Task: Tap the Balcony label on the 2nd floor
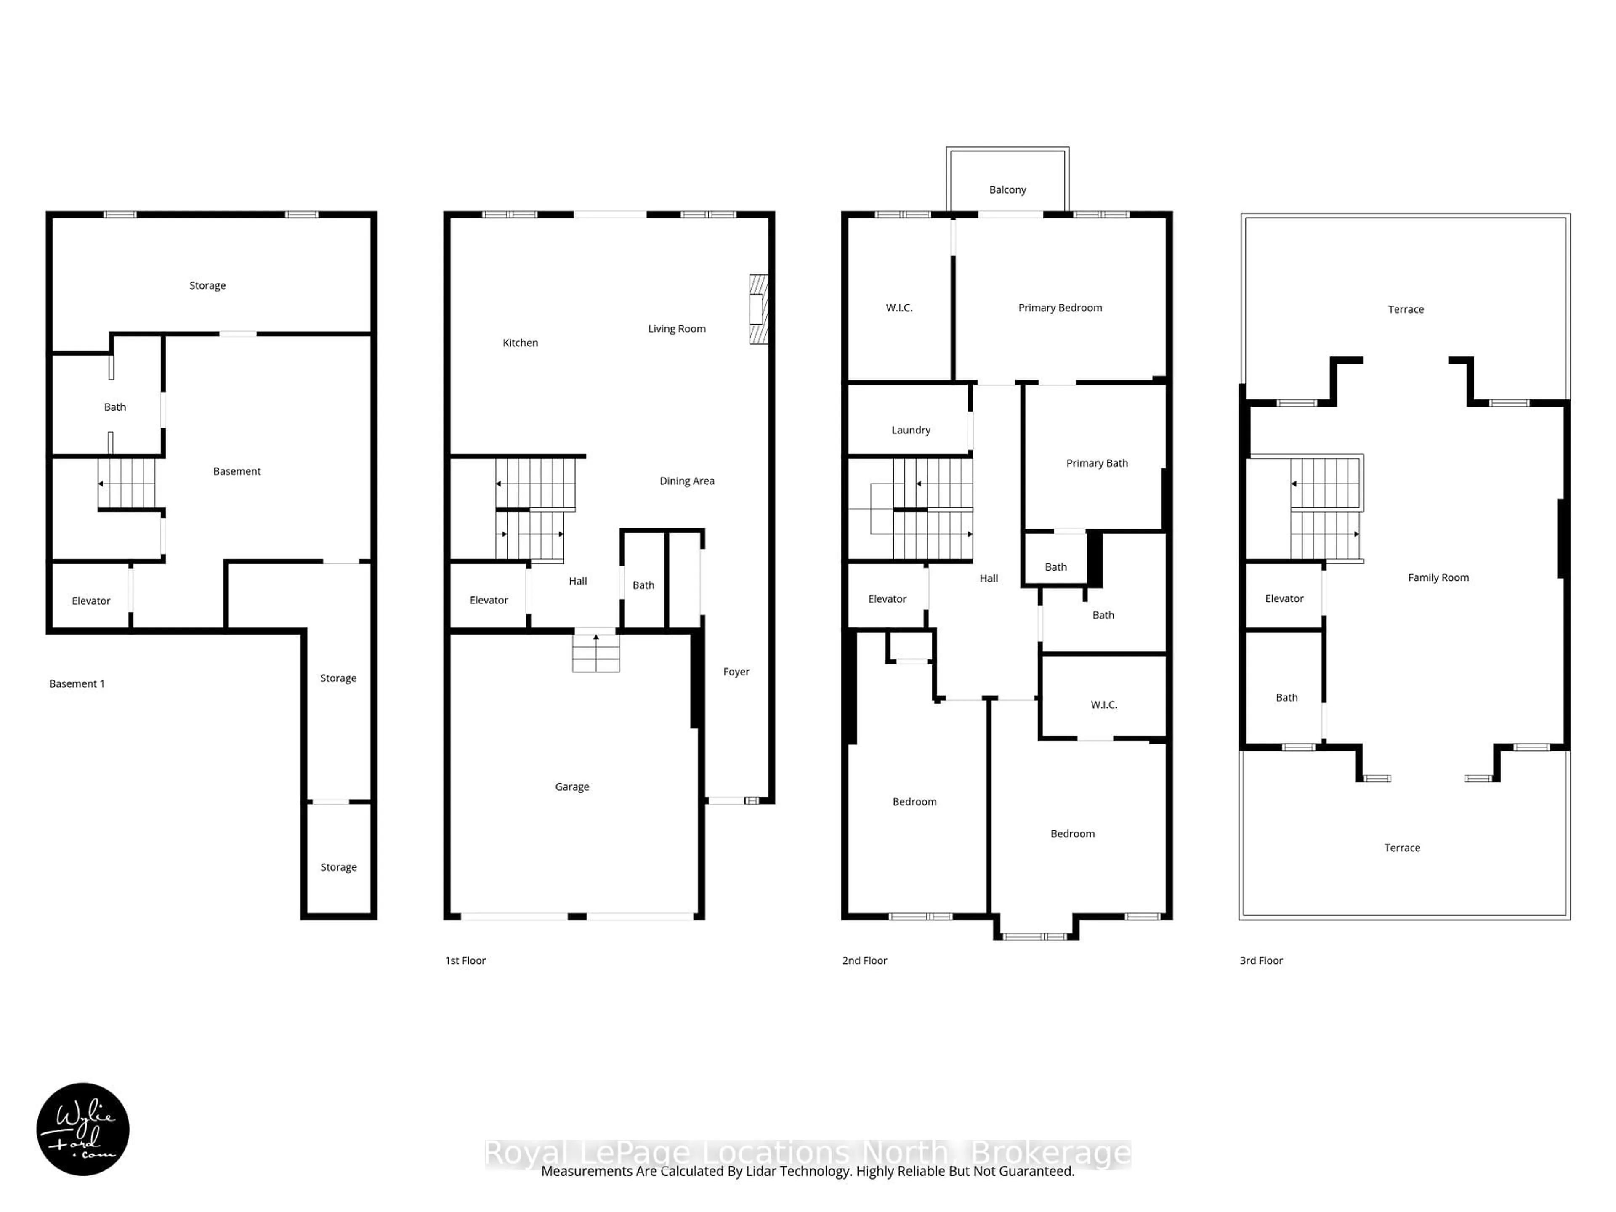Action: (1007, 190)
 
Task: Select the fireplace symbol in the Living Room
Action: (758, 309)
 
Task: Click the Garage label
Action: (572, 787)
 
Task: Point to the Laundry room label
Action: (910, 430)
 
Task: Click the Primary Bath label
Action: (1097, 463)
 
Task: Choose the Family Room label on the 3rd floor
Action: (1438, 578)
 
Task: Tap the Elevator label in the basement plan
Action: (90, 601)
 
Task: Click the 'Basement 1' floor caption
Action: (77, 684)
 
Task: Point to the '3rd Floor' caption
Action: (1261, 961)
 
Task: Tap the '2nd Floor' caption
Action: (864, 961)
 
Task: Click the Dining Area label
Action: (687, 481)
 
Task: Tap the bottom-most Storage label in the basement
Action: (338, 868)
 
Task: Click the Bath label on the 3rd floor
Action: (1286, 698)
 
